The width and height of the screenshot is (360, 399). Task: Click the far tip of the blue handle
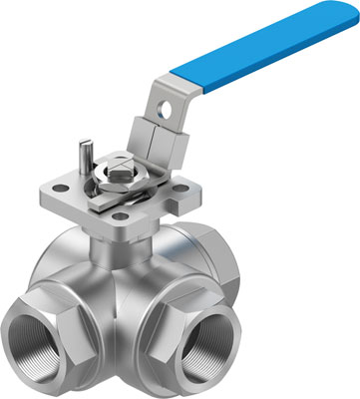coord(344,17)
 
